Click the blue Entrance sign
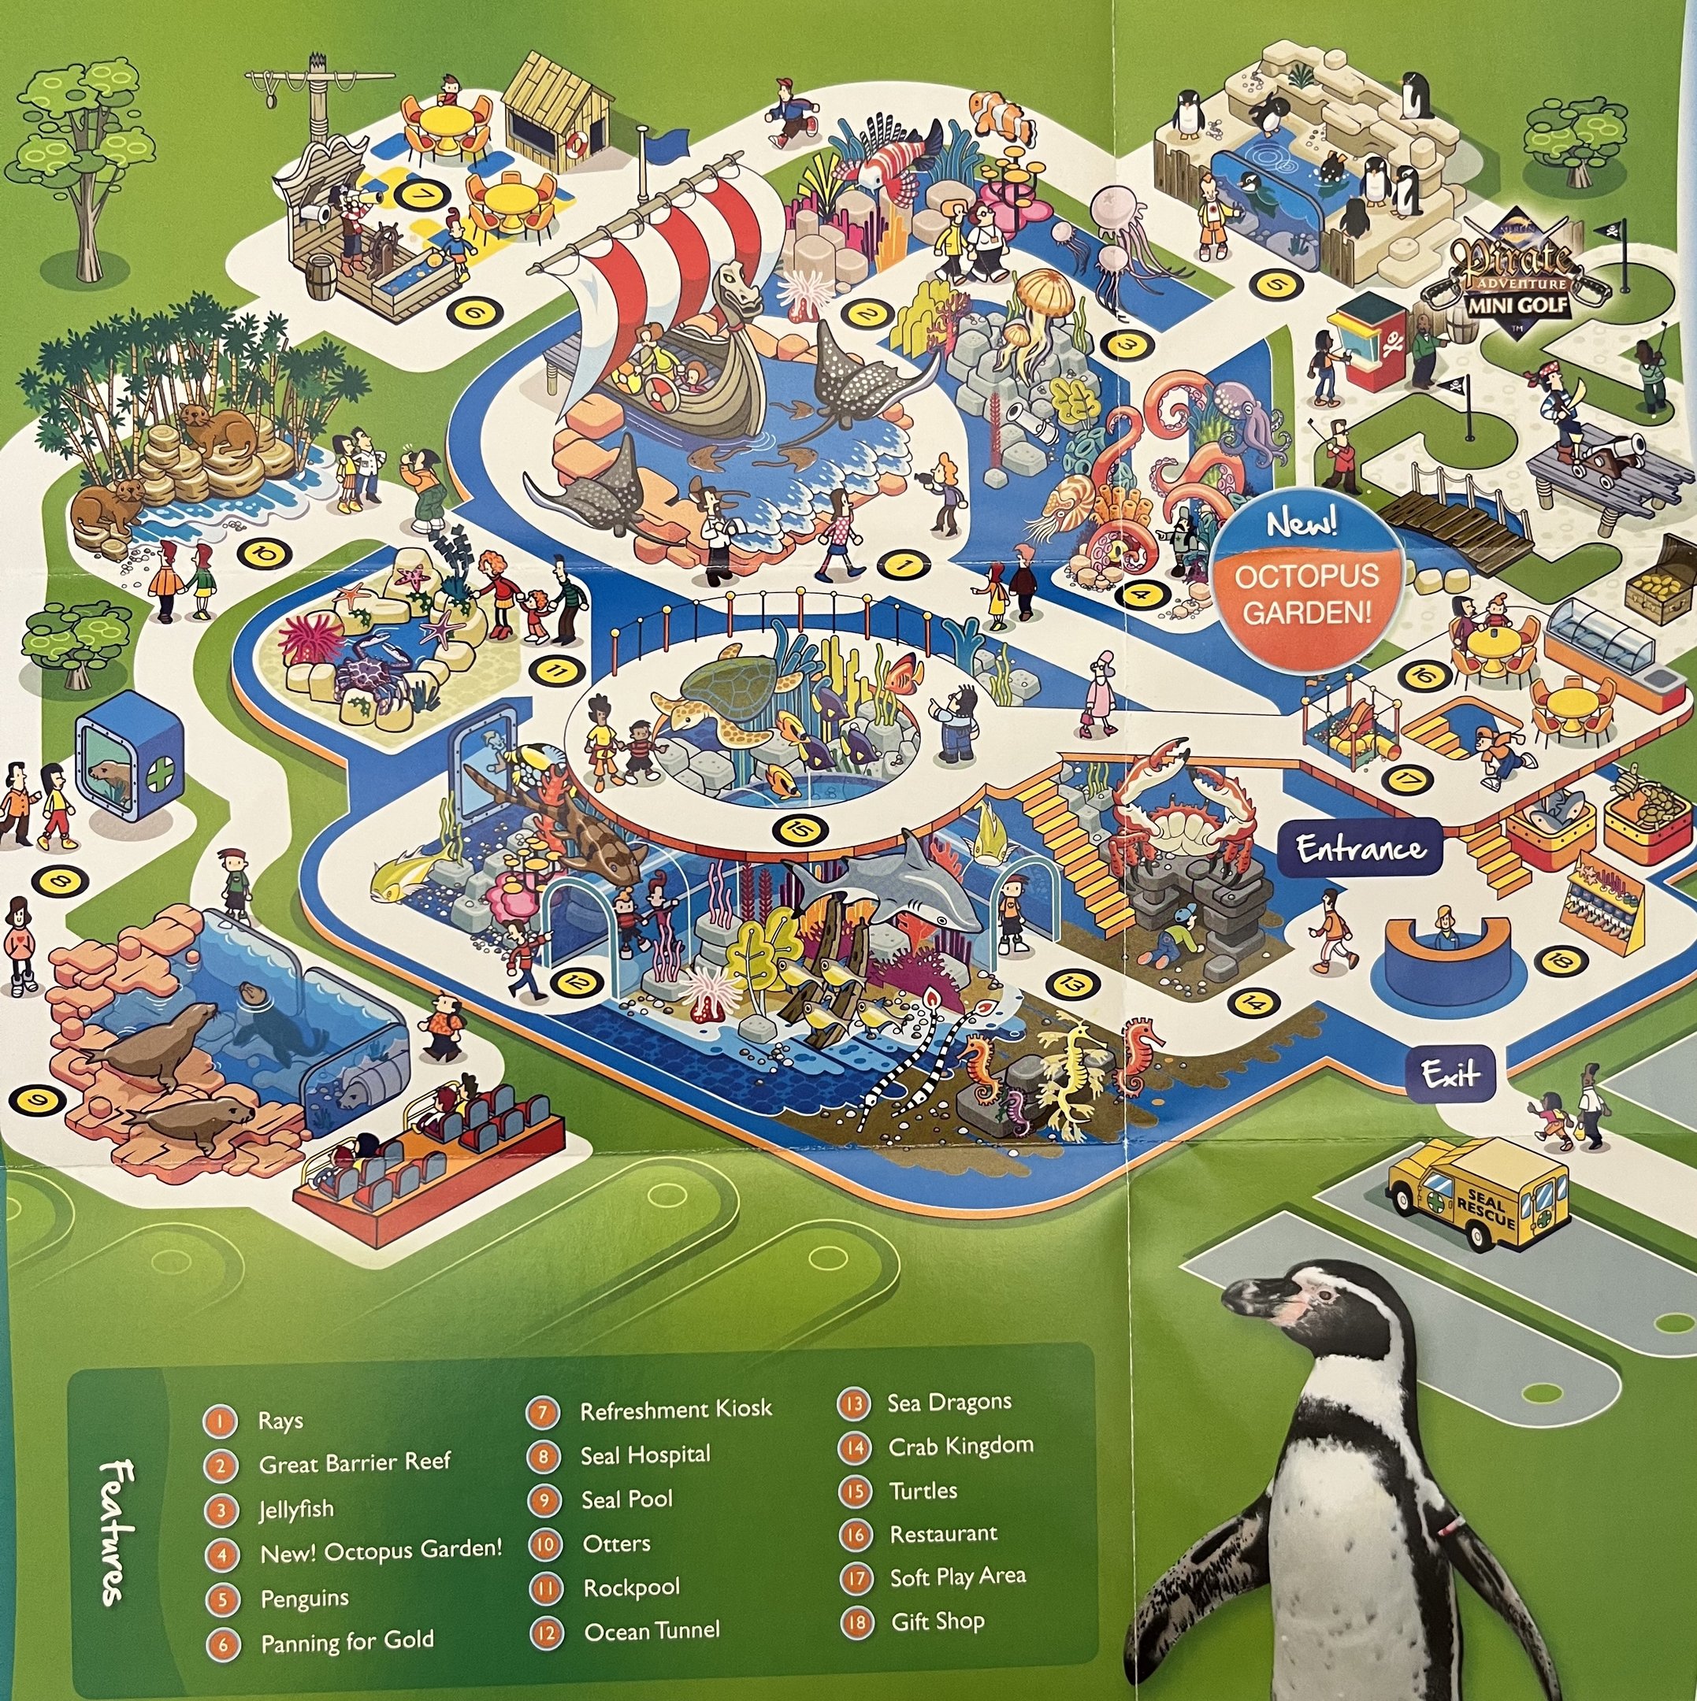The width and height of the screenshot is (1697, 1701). pos(1361,849)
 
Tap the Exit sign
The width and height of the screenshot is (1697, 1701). pos(1450,1073)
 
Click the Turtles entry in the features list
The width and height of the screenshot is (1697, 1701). pos(922,1491)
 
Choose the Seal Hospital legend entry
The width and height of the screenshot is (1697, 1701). pos(644,1455)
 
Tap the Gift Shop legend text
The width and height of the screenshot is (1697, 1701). pos(937,1621)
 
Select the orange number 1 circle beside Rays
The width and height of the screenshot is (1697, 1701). pos(220,1420)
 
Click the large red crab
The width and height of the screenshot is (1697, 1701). pos(1175,810)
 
